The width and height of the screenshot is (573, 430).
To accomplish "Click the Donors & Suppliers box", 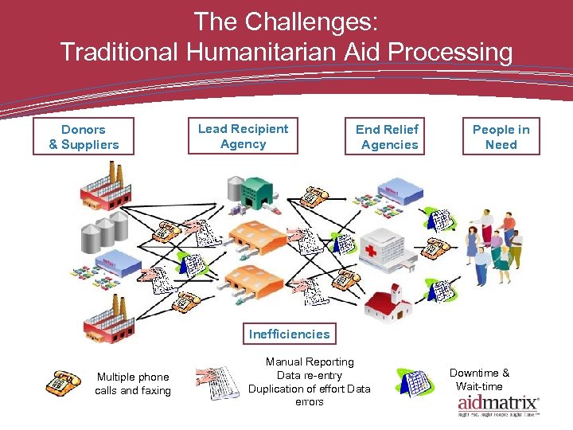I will [84, 137].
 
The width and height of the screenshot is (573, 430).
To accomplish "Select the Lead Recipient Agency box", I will [243, 136].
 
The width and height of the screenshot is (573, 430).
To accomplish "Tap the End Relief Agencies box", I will [387, 137].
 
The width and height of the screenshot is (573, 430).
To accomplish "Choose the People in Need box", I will [501, 137].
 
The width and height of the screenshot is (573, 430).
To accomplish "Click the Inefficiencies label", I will [289, 334].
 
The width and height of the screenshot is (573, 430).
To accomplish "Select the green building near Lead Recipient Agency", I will [256, 192].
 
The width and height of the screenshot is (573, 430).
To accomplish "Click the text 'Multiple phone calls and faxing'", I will [132, 384].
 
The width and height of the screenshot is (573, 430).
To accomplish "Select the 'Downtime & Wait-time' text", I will [479, 380].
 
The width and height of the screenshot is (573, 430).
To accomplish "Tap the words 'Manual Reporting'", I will [310, 362].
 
